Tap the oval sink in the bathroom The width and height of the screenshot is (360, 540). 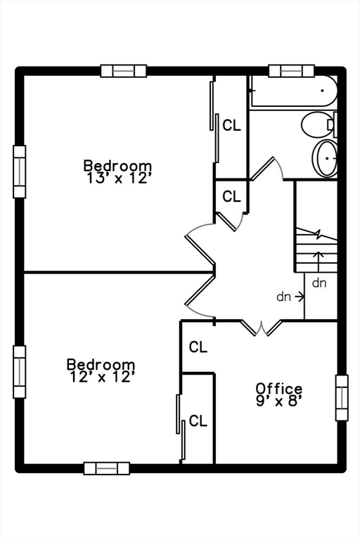click(326, 158)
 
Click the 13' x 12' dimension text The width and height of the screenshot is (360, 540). click(118, 179)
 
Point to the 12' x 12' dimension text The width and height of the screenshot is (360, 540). click(101, 377)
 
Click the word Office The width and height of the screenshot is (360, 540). click(278, 388)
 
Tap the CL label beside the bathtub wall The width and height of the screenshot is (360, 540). click(231, 125)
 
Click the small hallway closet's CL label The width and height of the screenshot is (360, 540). click(231, 196)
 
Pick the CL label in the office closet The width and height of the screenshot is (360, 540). click(198, 347)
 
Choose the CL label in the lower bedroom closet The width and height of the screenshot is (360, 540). click(198, 420)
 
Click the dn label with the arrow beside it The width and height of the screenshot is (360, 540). click(284, 297)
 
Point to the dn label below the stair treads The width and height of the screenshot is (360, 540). click(319, 283)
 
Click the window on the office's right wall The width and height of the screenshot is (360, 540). click(342, 398)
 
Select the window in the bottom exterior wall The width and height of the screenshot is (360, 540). click(107, 468)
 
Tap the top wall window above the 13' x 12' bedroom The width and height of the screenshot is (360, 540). click(124, 71)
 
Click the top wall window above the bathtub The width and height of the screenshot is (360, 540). click(291, 71)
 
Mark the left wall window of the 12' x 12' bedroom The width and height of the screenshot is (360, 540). click(19, 372)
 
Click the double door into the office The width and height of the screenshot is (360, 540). click(262, 328)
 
